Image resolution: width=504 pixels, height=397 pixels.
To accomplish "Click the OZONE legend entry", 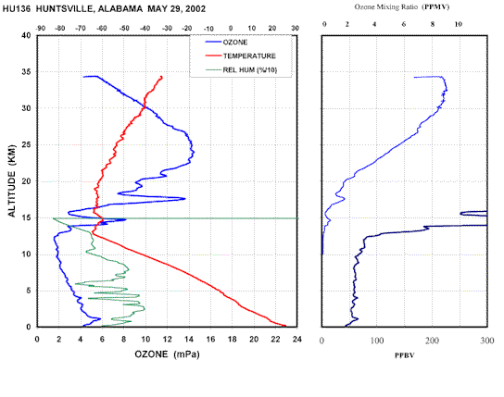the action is [226, 42].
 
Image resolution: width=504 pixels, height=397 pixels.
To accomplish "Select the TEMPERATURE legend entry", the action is [241, 56].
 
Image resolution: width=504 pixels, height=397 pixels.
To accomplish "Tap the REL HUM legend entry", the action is [241, 69].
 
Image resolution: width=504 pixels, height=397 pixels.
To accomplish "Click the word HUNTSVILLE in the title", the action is [64, 8].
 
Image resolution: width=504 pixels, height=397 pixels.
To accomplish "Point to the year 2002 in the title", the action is [195, 8].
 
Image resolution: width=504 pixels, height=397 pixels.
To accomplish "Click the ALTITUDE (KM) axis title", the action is [11, 181].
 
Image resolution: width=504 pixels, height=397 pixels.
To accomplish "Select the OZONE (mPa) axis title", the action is [167, 354].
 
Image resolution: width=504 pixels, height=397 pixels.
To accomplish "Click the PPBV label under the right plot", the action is [404, 355].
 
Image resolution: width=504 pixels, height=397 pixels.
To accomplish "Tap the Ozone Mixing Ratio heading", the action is [401, 6].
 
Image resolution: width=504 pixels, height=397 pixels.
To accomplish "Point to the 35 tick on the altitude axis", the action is [26, 71].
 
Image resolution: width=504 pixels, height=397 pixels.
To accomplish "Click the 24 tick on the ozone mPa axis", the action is [297, 340].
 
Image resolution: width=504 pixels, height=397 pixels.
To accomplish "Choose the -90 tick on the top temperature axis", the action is [40, 29].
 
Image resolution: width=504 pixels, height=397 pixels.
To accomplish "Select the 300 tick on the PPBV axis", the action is [487, 341].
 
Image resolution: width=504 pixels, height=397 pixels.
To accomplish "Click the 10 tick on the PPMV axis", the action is [459, 24].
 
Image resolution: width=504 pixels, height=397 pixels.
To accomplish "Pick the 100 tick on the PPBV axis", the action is [377, 341].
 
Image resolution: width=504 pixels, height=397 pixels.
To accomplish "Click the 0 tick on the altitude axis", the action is [29, 327].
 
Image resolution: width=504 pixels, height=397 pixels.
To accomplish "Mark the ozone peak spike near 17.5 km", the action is [184, 198].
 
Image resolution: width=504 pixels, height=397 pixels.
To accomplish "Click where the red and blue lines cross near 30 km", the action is [145, 106].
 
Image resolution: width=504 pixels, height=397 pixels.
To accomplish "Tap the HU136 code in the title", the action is [17, 8].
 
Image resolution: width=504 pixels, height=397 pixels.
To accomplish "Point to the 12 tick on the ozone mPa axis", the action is [167, 340].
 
